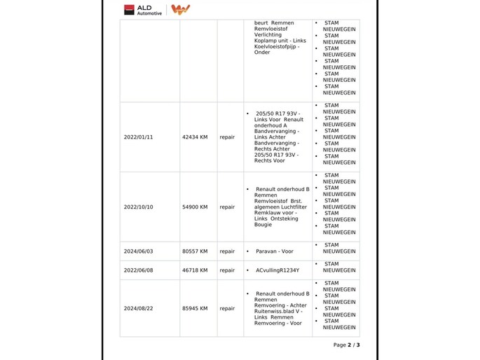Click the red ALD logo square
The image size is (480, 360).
coord(129,10)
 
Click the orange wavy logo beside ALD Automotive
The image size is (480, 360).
coord(180,10)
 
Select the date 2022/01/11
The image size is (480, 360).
coord(138,137)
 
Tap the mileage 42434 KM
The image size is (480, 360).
coord(195,137)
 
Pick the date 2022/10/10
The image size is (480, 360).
coord(138,207)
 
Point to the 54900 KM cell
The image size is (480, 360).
coord(195,207)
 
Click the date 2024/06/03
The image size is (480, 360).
coord(138,251)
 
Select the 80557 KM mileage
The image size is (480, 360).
coord(195,251)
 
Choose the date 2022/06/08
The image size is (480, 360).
coord(138,270)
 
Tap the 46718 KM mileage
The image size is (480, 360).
coord(195,270)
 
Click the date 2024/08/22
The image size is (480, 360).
coord(138,308)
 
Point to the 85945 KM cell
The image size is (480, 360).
coord(195,308)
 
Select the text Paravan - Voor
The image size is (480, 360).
coord(274,251)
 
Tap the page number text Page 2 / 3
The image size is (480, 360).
coord(346,345)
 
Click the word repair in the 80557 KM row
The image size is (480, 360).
coord(227,251)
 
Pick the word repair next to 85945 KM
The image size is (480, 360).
coord(227,308)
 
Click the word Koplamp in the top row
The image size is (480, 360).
coord(265,41)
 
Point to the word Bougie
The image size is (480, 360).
coord(263,225)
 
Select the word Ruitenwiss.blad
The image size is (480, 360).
coord(275,311)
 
